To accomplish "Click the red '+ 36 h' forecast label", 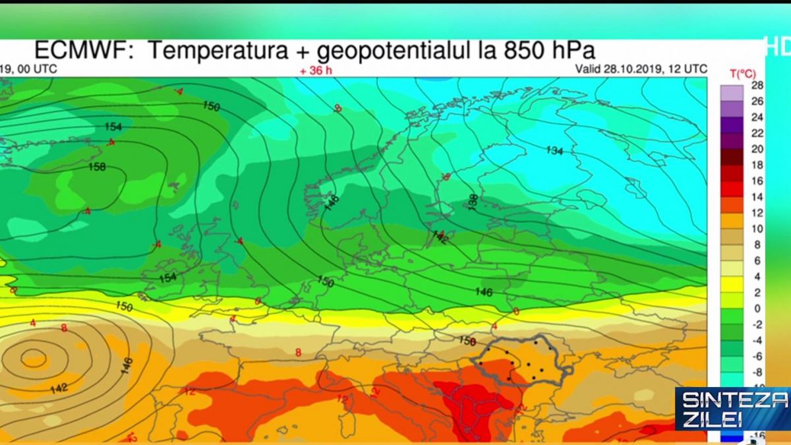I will pos(316,70).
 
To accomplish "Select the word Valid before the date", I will pos(589,69).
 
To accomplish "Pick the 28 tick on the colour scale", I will pos(757,86).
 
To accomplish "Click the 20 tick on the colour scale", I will pos(757,149).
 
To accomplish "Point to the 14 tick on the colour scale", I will pos(757,196).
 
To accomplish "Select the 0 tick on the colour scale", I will pos(757,308).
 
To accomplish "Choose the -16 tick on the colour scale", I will pos(757,434).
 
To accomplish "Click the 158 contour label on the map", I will pos(97,167).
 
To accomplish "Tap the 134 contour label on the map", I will pos(554,151).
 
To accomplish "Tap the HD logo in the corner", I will pos(778,46).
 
